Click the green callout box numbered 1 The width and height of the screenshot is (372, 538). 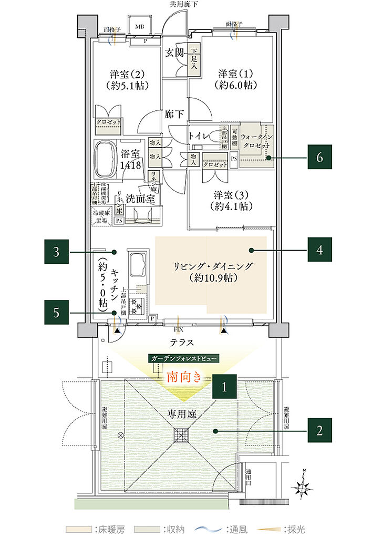click(224, 388)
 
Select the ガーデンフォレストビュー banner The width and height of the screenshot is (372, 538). click(183, 358)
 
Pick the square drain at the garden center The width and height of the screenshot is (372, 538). click(182, 436)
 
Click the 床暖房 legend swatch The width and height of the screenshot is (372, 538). click(76, 529)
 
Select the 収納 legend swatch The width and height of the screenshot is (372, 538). click(144, 529)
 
